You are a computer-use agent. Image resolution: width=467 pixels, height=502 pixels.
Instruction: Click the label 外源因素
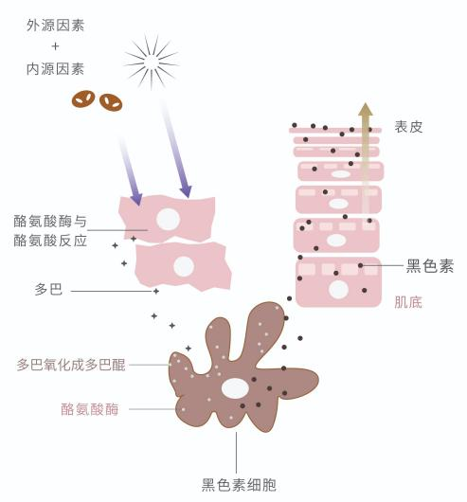[x=55, y=26]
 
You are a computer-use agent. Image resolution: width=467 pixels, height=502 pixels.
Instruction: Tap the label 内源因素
[x=55, y=69]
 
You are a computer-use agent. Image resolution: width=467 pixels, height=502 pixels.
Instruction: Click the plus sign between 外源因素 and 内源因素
[x=55, y=46]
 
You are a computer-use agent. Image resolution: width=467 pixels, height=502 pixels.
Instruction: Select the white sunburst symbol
[x=152, y=62]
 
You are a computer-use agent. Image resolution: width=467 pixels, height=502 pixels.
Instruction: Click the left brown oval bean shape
[x=83, y=99]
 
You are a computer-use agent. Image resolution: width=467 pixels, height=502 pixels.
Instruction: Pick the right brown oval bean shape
[x=111, y=102]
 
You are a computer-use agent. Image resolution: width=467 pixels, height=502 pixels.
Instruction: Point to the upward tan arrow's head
[x=366, y=109]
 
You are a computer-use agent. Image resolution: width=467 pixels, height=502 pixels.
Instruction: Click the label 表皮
[x=408, y=127]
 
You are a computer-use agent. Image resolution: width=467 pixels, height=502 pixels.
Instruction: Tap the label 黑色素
[x=430, y=266]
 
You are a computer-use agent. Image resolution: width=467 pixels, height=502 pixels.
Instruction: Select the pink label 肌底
[x=408, y=302]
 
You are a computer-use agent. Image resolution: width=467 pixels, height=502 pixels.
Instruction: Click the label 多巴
[x=48, y=290]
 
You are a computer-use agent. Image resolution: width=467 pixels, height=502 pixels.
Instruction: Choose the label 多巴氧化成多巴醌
[x=71, y=365]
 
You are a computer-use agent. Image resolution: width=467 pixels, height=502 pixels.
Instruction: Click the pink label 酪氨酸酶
[x=90, y=409]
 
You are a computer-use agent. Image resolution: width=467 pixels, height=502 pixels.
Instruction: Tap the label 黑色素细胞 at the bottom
[x=239, y=485]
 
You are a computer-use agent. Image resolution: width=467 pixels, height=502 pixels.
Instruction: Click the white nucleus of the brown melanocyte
[x=235, y=388]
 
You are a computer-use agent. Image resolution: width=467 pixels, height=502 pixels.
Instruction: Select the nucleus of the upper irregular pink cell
[x=168, y=219]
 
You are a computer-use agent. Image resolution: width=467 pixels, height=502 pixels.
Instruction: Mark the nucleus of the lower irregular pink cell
[x=184, y=266]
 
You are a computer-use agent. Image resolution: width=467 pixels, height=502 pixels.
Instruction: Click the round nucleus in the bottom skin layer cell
[x=338, y=290]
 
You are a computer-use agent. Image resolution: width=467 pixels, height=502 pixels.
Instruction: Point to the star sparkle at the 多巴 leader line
[x=156, y=291]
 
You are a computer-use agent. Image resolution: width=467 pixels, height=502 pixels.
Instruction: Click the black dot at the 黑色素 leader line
[x=360, y=265]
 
